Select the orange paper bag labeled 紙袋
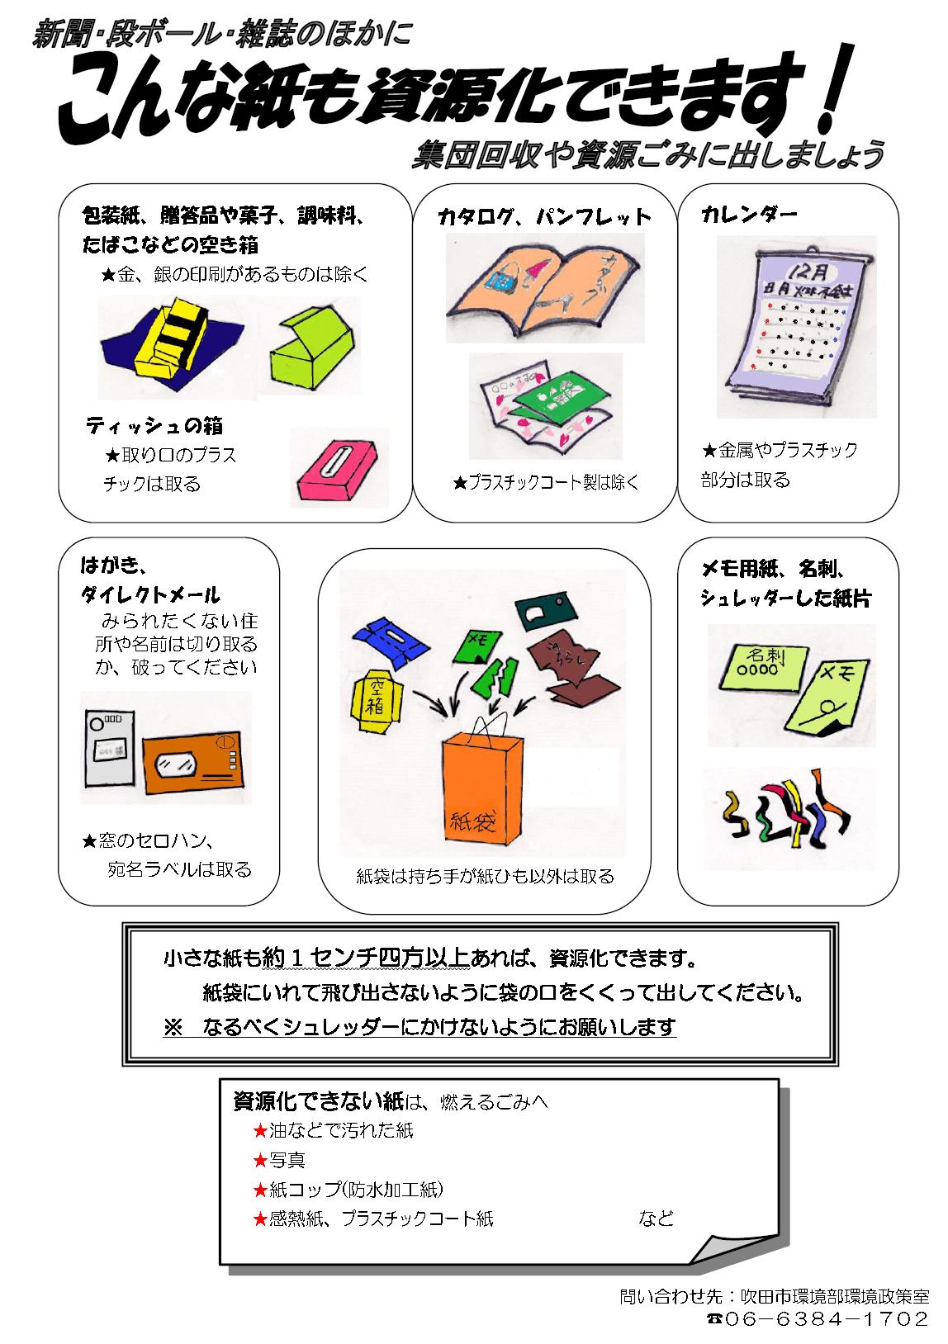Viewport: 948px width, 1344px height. click(481, 795)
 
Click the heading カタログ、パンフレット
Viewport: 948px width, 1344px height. click(544, 217)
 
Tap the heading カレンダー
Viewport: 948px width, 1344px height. click(749, 215)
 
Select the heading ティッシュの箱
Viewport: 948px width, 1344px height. click(154, 426)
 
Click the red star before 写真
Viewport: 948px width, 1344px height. click(260, 1160)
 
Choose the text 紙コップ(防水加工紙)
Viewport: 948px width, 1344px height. click(357, 1189)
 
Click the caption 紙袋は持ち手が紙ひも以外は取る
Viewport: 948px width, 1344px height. click(485, 876)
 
